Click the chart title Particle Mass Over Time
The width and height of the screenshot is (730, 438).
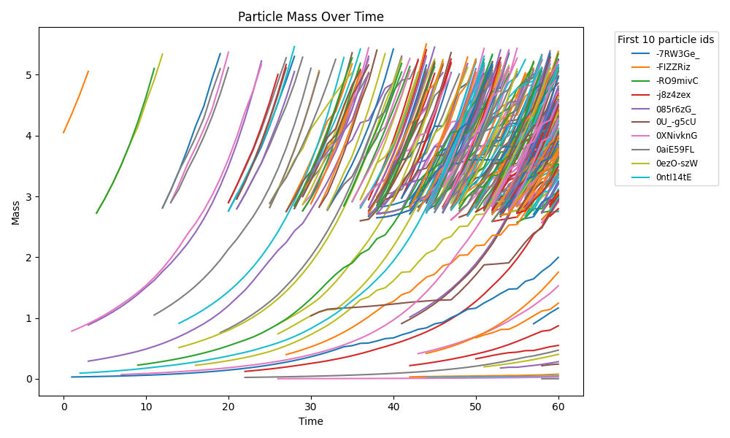(x=310, y=17)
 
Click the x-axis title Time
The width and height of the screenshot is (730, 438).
(x=310, y=421)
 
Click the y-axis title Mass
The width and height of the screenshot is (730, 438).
(x=16, y=212)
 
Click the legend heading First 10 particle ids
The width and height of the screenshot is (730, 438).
(x=666, y=39)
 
